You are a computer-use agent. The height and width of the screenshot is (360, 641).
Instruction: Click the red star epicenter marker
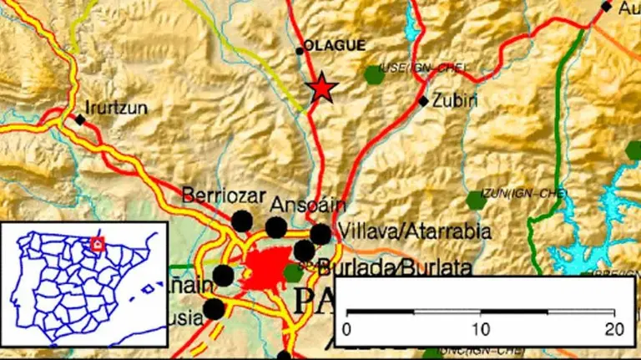click(321, 88)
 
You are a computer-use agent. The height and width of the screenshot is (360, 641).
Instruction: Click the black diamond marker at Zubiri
click(423, 101)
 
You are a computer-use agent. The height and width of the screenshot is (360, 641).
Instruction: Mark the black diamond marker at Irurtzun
click(80, 119)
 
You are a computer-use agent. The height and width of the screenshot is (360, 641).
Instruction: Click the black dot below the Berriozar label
click(242, 221)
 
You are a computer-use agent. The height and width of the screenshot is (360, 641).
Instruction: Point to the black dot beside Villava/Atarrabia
click(320, 233)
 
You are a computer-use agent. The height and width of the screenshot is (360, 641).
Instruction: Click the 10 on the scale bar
click(481, 328)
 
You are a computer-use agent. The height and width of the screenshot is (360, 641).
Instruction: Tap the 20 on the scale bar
click(614, 328)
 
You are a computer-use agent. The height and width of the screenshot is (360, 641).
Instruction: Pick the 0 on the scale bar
click(347, 328)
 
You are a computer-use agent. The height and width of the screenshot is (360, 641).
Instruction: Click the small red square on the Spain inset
click(98, 244)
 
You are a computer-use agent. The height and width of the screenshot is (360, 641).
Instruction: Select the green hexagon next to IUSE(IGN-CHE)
click(374, 74)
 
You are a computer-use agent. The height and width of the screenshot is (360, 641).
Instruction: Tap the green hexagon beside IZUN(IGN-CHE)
click(476, 200)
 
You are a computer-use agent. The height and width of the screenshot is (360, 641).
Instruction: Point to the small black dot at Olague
click(300, 51)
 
